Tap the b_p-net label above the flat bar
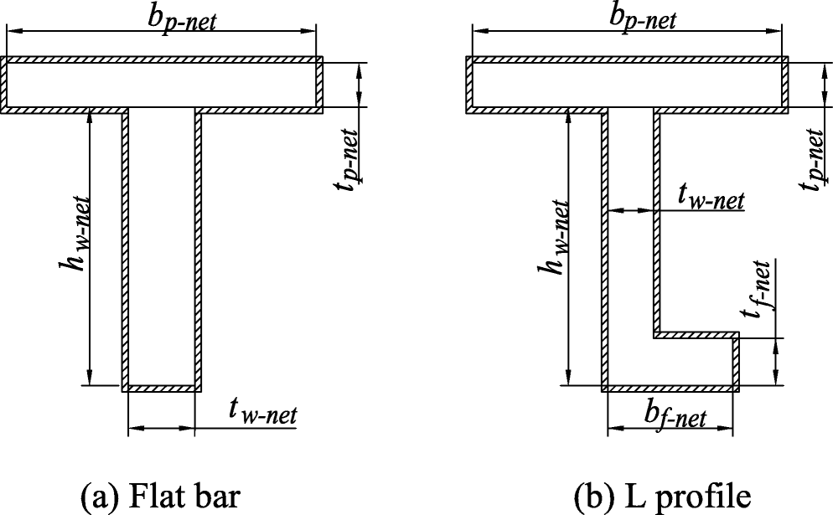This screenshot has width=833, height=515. click(x=184, y=18)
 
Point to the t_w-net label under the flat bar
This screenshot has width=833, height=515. click(x=262, y=413)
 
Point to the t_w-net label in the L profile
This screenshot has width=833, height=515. click(x=709, y=198)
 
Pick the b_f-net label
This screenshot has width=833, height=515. click(x=675, y=414)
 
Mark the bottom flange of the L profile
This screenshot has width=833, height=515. click(x=670, y=361)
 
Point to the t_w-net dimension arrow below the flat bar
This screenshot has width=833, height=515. click(x=161, y=428)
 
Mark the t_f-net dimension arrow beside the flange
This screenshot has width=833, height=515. click(x=775, y=362)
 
